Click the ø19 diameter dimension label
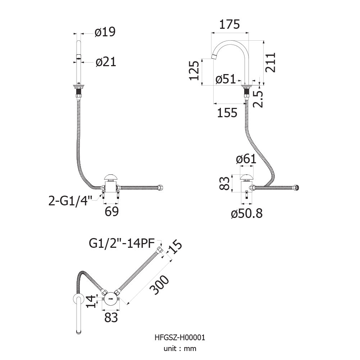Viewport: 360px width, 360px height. [105, 32]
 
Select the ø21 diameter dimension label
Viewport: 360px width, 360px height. [106, 62]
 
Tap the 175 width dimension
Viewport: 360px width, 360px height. [229, 24]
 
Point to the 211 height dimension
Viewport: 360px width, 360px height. [270, 63]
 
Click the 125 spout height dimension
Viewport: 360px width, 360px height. [194, 70]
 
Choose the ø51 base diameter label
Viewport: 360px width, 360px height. [226, 79]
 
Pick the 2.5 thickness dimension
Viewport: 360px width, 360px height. [258, 99]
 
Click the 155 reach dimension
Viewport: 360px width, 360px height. [227, 113]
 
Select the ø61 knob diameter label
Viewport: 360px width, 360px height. [246, 159]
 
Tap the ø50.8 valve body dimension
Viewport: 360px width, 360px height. [247, 214]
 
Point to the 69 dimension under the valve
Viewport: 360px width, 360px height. [111, 211]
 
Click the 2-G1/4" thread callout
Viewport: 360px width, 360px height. [70, 201]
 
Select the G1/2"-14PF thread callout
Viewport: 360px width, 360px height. [122, 243]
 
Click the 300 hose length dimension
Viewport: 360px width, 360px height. [159, 285]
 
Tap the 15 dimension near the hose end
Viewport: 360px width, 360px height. [176, 247]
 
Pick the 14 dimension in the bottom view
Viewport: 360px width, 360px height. [91, 301]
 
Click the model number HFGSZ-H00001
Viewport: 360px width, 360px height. [180, 337]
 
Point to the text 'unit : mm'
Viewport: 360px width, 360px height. [180, 348]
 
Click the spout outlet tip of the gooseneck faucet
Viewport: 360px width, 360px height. [214, 57]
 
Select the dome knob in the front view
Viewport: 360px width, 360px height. [111, 177]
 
